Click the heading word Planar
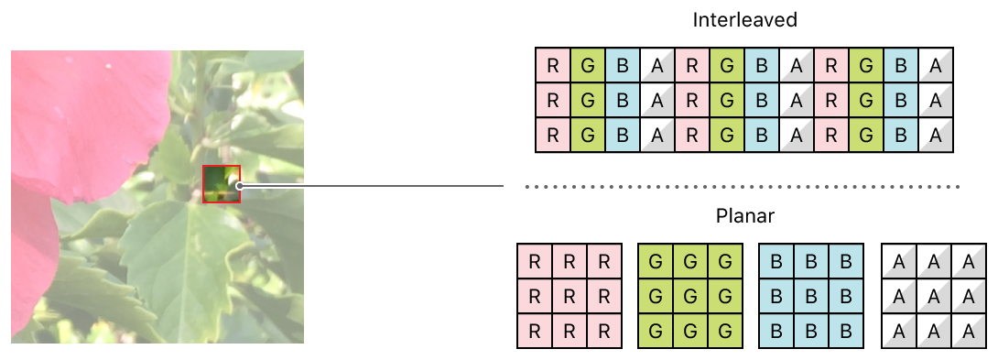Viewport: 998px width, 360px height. coord(743,217)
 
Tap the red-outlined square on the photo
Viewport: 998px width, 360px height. coord(222,183)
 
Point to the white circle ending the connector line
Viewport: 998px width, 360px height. coord(239,186)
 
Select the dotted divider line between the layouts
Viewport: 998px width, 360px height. coord(742,187)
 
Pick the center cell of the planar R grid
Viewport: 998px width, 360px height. coord(570,297)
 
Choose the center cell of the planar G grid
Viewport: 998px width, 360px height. coord(690,297)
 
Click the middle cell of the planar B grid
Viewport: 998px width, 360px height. coord(812,297)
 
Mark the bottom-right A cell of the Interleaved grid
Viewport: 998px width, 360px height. coord(936,135)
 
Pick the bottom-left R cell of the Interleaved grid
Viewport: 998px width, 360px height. coord(552,135)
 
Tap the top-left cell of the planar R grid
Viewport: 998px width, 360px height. coord(535,261)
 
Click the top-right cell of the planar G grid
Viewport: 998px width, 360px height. coord(725,261)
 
